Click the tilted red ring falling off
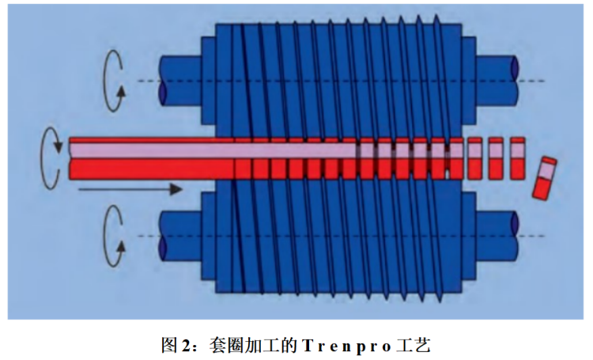(x=544, y=178)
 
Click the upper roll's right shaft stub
(x=496, y=80)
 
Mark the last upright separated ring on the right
(x=518, y=158)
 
